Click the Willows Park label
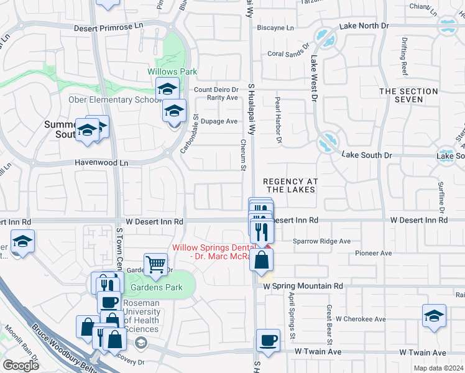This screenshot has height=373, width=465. [172, 71]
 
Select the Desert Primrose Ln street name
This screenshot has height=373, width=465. [109, 28]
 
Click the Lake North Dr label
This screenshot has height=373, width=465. [363, 26]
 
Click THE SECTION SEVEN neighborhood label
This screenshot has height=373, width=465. [409, 96]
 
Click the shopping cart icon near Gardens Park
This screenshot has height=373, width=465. [155, 264]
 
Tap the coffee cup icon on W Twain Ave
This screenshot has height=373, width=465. [268, 341]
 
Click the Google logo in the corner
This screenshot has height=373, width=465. [21, 366]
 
